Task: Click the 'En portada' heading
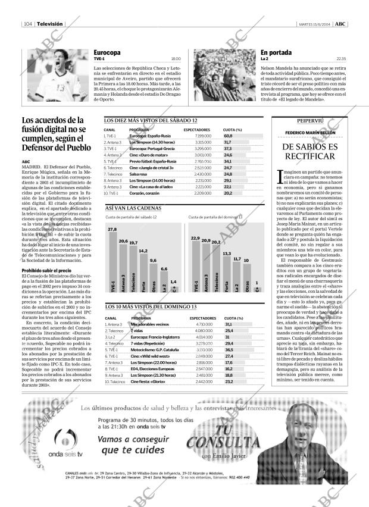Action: coord(276,52)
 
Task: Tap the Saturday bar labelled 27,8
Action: coord(112,262)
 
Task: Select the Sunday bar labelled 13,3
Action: coord(226,274)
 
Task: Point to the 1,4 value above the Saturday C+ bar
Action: coord(173,281)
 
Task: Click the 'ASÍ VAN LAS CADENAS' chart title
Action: coord(133,209)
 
